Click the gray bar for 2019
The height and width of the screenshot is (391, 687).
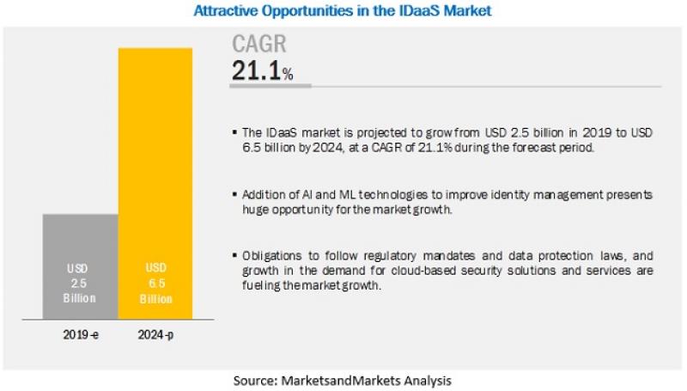tap(81, 266)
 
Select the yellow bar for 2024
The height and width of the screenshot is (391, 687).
tap(155, 184)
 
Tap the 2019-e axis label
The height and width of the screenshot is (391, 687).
tap(81, 335)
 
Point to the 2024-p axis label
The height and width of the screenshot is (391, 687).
tap(155, 335)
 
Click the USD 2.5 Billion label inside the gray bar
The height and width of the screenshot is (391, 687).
tap(79, 284)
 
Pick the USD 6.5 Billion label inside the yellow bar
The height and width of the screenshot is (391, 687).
tap(156, 284)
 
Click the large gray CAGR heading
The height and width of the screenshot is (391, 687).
tap(259, 44)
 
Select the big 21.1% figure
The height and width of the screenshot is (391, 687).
tap(263, 70)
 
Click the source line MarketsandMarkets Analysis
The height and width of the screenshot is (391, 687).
tap(342, 380)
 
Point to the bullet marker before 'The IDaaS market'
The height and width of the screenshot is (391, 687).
tap(234, 131)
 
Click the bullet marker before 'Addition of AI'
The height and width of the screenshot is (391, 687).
tap(234, 193)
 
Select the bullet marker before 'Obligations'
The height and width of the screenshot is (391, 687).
tap(234, 255)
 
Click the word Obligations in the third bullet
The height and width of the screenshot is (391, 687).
tap(272, 255)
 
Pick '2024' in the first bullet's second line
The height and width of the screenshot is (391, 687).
tap(328, 148)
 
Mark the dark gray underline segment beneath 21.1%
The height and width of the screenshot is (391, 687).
tap(271, 86)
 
